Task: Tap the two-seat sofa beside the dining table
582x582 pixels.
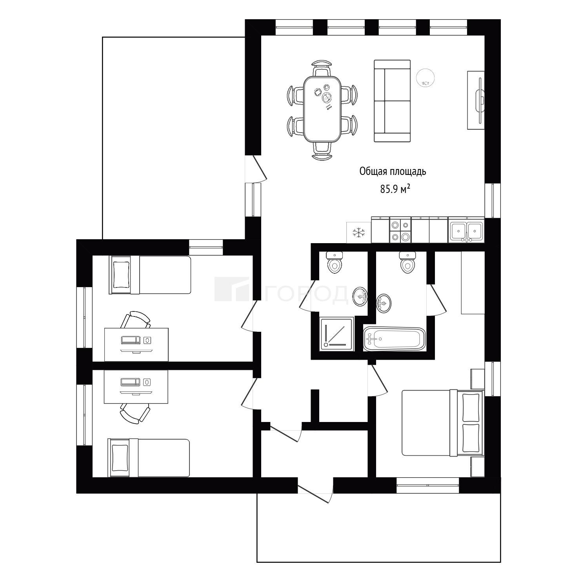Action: click(392, 101)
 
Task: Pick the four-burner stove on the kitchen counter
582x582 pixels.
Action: click(400, 231)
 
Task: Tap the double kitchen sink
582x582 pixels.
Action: click(467, 231)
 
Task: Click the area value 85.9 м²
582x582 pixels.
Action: click(395, 189)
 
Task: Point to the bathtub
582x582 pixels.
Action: click(395, 339)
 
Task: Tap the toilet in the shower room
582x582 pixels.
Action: click(335, 262)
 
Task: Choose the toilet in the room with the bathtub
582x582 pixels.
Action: click(408, 262)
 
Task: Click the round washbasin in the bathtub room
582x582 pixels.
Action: click(383, 303)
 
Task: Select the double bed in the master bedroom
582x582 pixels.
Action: click(443, 423)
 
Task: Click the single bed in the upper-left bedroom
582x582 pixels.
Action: click(150, 275)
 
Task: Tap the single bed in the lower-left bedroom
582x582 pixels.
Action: click(149, 458)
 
